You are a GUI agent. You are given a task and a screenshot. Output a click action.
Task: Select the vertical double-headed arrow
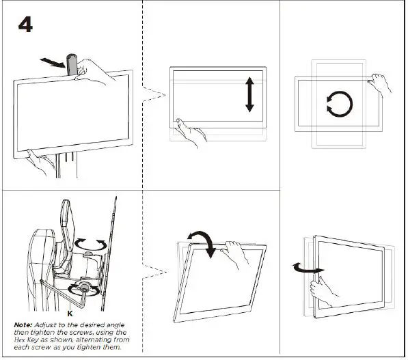pos(250,94)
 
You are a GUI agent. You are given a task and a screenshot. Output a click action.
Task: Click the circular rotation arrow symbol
pos(338,105)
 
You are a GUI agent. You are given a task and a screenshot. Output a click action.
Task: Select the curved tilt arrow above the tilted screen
pos(205,240)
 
